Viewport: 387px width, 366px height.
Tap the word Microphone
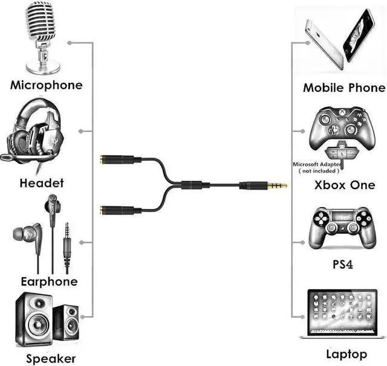46,85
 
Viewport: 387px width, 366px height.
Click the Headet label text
42,182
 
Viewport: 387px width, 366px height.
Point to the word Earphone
49,281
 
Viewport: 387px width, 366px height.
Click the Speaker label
51,358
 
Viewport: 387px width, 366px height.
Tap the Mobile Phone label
343,88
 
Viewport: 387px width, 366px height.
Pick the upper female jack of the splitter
118,159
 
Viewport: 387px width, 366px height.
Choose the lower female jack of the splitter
118,211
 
